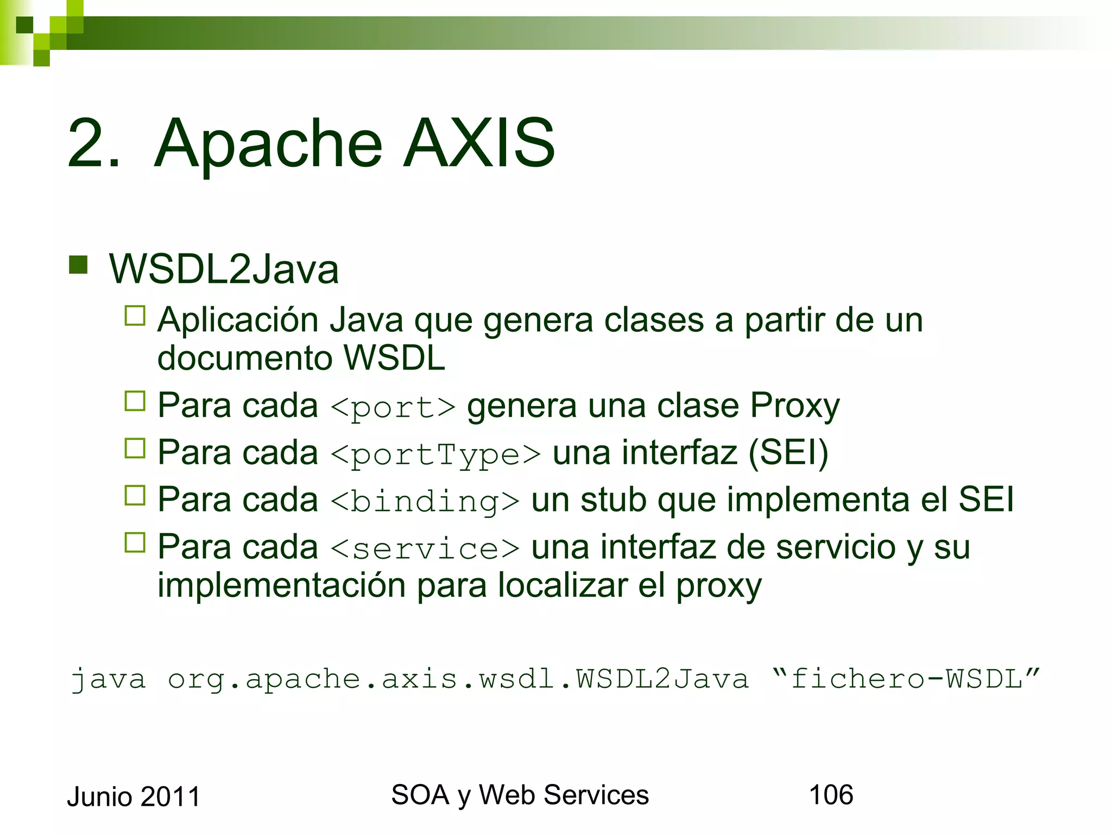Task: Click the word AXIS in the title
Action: coord(479,143)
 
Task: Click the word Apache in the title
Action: coord(268,143)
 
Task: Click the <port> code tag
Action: coord(393,407)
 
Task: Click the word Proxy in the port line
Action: coord(794,406)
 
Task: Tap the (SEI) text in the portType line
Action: coord(788,453)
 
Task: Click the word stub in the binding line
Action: coord(613,500)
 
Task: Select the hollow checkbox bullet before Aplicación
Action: coord(135,315)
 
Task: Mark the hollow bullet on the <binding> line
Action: coord(135,495)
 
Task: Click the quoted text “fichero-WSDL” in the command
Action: coord(905,679)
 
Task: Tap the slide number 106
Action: coord(831,795)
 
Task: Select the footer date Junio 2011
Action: coord(134,797)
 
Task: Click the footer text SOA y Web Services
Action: coord(520,795)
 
